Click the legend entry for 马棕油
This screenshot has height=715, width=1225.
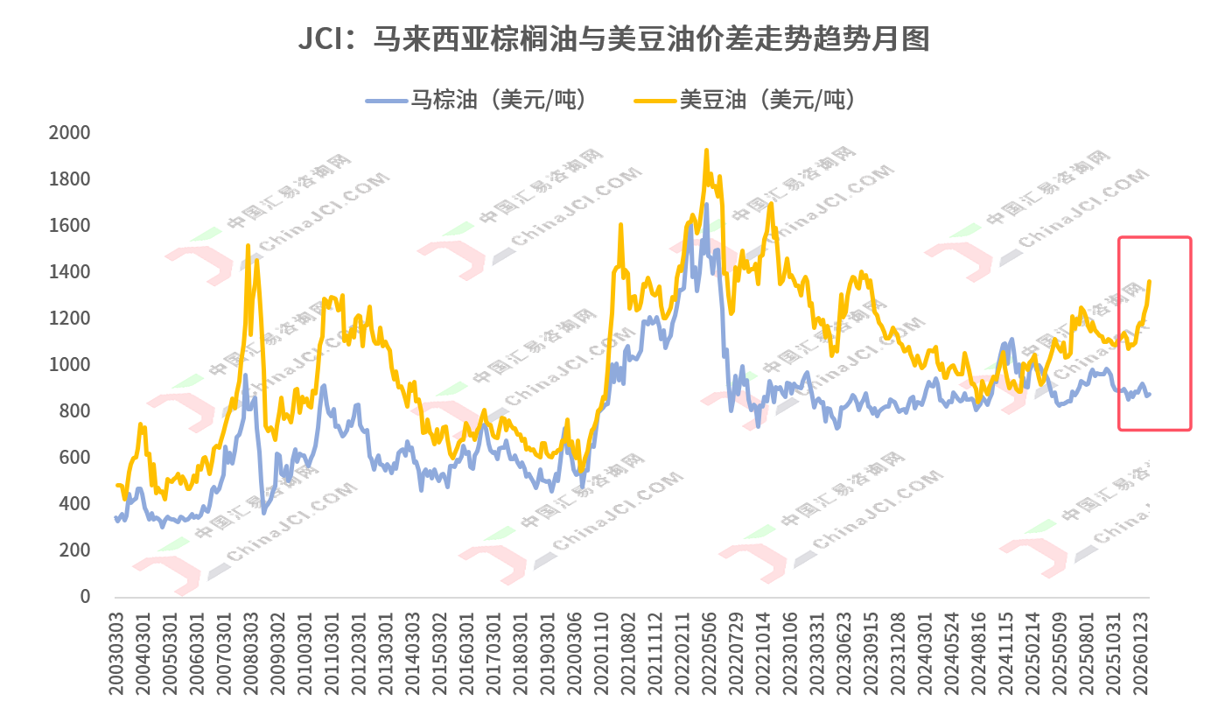(x=477, y=100)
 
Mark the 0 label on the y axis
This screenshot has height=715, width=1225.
(x=85, y=597)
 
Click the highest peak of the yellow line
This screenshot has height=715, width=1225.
(x=706, y=151)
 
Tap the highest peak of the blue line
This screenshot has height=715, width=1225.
(x=706, y=206)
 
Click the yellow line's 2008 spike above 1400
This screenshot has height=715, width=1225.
(x=248, y=246)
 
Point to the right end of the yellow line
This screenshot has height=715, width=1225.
(x=1149, y=281)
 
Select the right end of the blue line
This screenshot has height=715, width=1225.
(x=1149, y=394)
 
